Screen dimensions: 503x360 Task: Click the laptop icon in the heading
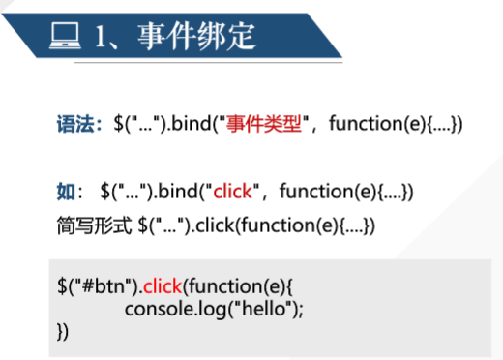coord(65,36)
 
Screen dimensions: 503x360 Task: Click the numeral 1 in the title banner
coord(101,37)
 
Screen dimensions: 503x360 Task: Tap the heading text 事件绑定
coord(196,36)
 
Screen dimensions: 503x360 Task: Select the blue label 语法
coord(75,124)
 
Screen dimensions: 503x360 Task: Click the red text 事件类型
coord(263,124)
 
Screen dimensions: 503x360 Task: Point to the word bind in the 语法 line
coord(191,123)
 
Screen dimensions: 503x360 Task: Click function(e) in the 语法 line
coord(377,124)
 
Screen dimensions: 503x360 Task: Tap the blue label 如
coord(66,192)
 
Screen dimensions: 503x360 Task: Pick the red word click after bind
coord(232,191)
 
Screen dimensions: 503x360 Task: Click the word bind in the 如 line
coord(178,191)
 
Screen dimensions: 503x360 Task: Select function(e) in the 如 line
coord(328,192)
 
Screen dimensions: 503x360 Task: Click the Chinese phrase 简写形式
coord(94,225)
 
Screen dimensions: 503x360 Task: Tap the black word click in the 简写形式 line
coord(215,225)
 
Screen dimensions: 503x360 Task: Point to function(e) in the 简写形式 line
coord(290,225)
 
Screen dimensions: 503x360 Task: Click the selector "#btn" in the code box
coord(107,285)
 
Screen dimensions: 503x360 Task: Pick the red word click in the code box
coord(163,285)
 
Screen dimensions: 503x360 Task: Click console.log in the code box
coord(176,309)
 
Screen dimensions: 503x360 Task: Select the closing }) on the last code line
coord(63,331)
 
